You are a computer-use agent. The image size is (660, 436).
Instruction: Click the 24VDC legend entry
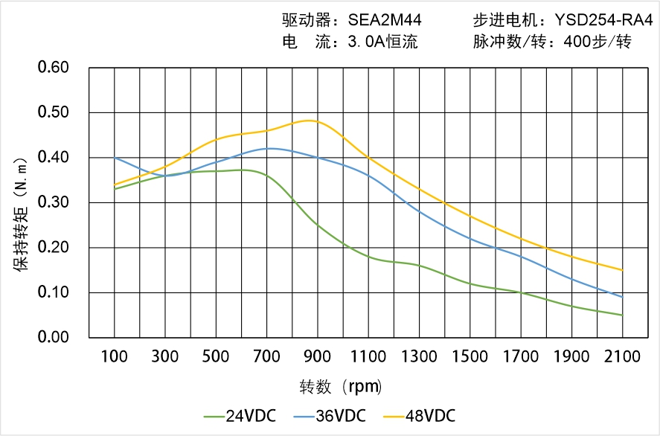(x=239, y=415)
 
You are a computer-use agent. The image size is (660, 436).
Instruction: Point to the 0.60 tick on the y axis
(x=53, y=68)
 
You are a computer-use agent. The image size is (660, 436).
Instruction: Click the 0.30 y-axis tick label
(x=53, y=202)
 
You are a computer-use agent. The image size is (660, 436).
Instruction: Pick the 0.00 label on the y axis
(x=53, y=337)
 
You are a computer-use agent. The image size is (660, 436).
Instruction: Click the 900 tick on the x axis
(x=318, y=356)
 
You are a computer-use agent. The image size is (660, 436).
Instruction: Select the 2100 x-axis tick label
(x=622, y=356)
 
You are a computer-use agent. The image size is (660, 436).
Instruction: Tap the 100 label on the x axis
(x=115, y=356)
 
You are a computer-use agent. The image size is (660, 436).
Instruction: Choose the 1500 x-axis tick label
(x=470, y=356)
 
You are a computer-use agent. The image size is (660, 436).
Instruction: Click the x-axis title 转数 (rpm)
(x=341, y=387)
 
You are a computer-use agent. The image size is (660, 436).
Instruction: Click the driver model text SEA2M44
(x=385, y=20)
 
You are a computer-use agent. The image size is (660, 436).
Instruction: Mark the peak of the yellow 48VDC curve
(x=310, y=121)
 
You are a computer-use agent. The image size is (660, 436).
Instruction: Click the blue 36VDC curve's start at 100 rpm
(x=115, y=158)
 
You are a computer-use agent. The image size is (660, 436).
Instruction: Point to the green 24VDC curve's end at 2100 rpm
(x=622, y=315)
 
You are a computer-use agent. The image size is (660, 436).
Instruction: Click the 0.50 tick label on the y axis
(x=53, y=112)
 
